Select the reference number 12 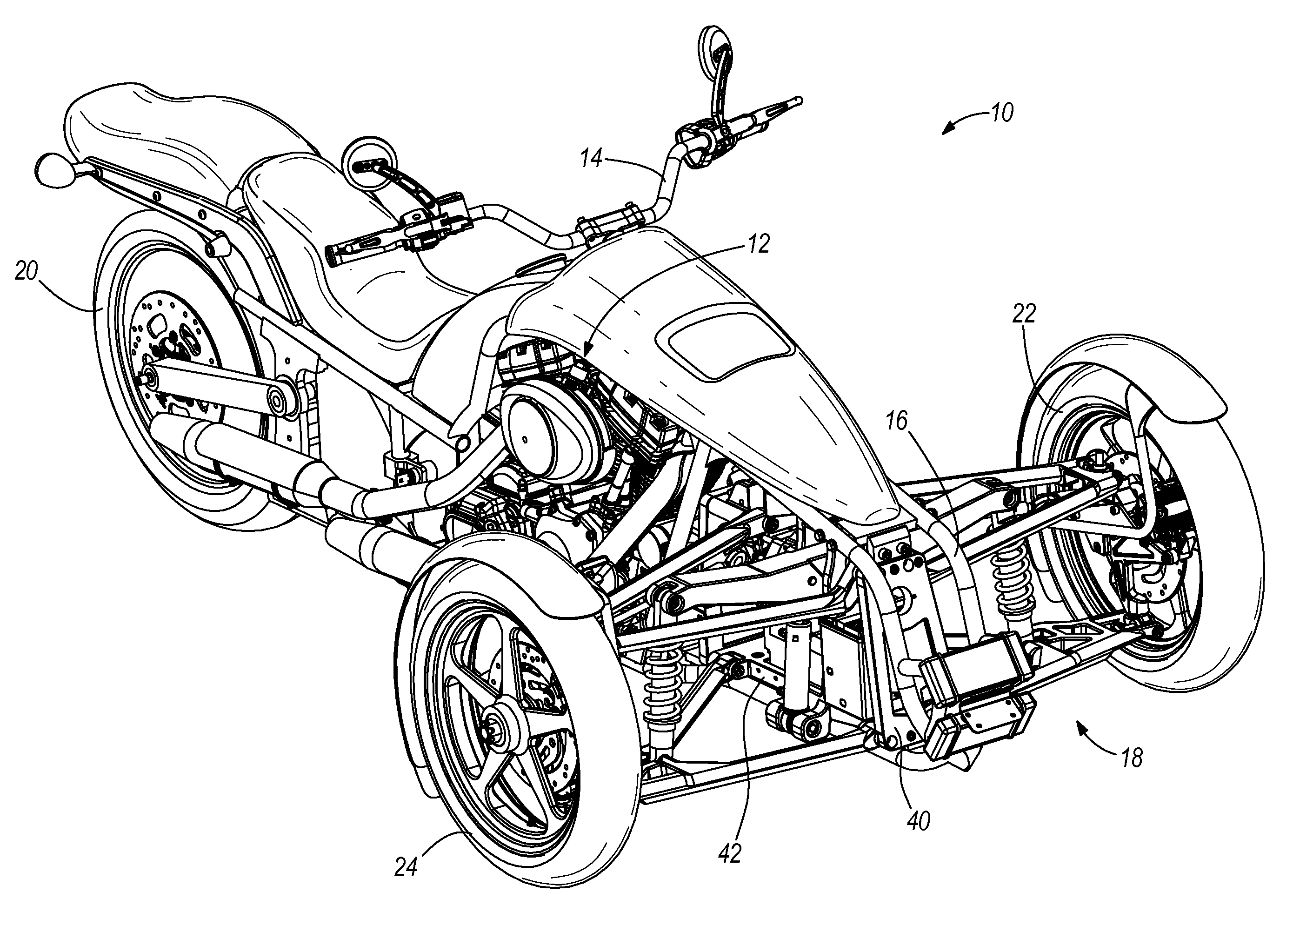pos(759,244)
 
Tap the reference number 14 pos(591,159)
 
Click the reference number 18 pos(1132,758)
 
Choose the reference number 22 pos(1024,313)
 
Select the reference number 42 pos(729,854)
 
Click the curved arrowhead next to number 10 pos(948,129)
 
